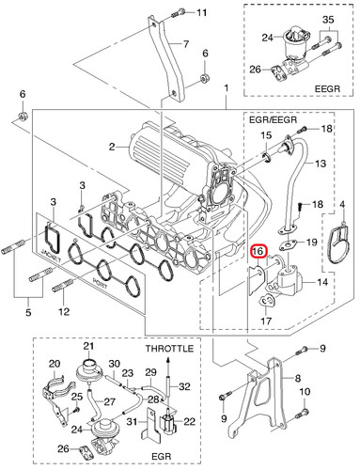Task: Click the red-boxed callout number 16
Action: [258, 251]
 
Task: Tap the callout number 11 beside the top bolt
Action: [201, 12]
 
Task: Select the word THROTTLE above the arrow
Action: [169, 349]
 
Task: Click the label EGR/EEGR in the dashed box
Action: [273, 119]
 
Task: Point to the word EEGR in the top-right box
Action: [327, 88]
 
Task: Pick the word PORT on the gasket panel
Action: [100, 282]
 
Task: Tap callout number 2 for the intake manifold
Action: [112, 147]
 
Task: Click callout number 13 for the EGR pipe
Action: [321, 164]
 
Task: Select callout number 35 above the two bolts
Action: [328, 20]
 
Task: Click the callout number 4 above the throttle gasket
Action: [342, 205]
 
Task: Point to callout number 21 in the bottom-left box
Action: [88, 346]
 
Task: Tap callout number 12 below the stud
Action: [64, 311]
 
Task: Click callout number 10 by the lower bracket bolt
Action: [305, 392]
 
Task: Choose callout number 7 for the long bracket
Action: [186, 44]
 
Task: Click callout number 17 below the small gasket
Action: [266, 321]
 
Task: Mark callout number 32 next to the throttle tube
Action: [184, 386]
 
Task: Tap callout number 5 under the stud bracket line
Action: [28, 312]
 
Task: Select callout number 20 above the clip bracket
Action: [55, 364]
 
